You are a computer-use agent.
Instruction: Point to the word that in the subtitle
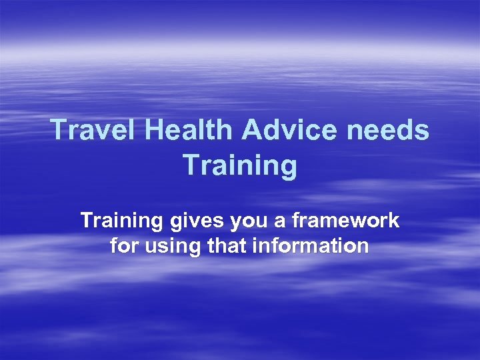(229, 246)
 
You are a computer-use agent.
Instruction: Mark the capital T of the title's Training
(190, 165)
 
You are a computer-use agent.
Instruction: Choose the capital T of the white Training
(87, 221)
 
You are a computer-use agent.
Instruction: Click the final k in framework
(394, 221)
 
